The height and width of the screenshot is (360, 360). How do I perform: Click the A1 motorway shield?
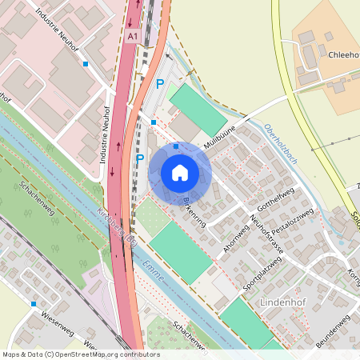click(134, 37)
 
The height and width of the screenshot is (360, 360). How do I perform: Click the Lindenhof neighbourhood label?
click(284, 302)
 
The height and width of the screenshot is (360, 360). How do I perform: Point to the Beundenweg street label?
click(335, 330)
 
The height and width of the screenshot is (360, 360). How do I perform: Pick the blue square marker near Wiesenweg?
click(34, 304)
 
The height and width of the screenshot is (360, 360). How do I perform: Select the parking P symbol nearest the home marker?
click(140, 158)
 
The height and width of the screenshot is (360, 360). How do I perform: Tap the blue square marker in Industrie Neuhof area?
click(86, 64)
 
